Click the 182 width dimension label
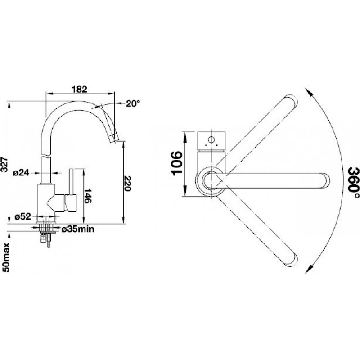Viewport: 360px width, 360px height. click(79, 89)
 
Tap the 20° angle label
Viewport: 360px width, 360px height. click(133, 103)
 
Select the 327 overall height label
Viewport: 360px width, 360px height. click(4, 164)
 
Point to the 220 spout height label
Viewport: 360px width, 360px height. click(127, 184)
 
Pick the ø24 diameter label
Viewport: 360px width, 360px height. click(22, 173)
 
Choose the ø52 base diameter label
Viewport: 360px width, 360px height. click(23, 216)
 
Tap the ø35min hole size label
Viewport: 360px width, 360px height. click(78, 229)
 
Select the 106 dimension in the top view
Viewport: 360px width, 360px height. click(177, 163)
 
